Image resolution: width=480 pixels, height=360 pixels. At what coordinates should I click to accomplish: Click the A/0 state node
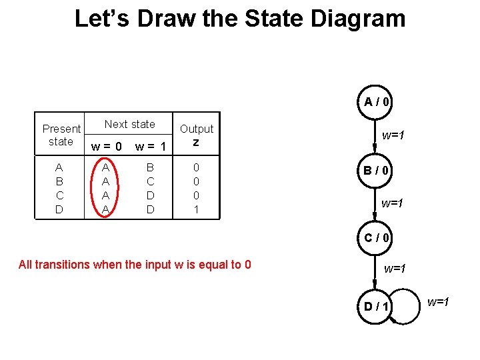point(377,102)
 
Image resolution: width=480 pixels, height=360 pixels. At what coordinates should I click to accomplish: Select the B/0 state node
point(377,170)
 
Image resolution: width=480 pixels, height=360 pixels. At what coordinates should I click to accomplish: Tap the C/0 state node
point(377,238)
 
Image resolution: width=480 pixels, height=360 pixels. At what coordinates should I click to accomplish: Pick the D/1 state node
point(377,307)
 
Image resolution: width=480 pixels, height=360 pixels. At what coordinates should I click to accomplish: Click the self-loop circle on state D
point(407,306)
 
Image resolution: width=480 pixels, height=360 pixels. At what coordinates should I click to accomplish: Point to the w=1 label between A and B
point(393,135)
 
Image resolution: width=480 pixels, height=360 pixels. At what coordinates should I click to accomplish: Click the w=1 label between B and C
point(392,203)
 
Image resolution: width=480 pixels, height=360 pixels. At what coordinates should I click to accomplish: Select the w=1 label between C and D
point(395,269)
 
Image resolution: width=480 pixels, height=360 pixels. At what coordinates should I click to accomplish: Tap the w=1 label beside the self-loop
point(438,303)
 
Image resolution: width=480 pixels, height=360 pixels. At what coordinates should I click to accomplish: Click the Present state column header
point(61,135)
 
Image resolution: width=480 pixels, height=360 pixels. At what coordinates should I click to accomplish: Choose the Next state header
point(129,124)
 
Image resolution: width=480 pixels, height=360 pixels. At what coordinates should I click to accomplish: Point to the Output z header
point(196,135)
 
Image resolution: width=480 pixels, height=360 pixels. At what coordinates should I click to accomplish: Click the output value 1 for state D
point(196,209)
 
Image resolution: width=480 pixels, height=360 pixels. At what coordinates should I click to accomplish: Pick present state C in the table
point(60,195)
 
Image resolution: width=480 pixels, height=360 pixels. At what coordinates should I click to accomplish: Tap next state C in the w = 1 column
point(150,181)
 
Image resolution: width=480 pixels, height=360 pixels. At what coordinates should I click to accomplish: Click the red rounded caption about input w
point(135,265)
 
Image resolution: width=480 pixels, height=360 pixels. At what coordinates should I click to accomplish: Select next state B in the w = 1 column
point(150,167)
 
